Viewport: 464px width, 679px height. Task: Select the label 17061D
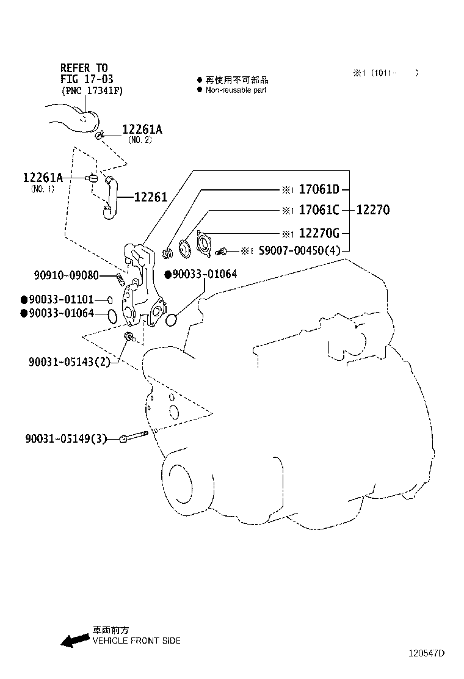[x=319, y=190]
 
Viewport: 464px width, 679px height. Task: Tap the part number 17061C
[x=319, y=211]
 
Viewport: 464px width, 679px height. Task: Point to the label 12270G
[x=319, y=233]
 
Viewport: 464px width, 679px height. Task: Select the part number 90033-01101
[x=60, y=300]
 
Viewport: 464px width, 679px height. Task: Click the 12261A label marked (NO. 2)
[x=142, y=129]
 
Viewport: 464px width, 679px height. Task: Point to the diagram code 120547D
[x=426, y=653]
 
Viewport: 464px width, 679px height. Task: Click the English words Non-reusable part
[x=236, y=90]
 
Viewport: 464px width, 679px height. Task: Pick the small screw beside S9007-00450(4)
[x=222, y=251]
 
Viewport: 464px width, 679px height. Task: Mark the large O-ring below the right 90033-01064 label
[x=172, y=319]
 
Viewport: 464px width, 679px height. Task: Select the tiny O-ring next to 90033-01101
[x=109, y=300]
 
